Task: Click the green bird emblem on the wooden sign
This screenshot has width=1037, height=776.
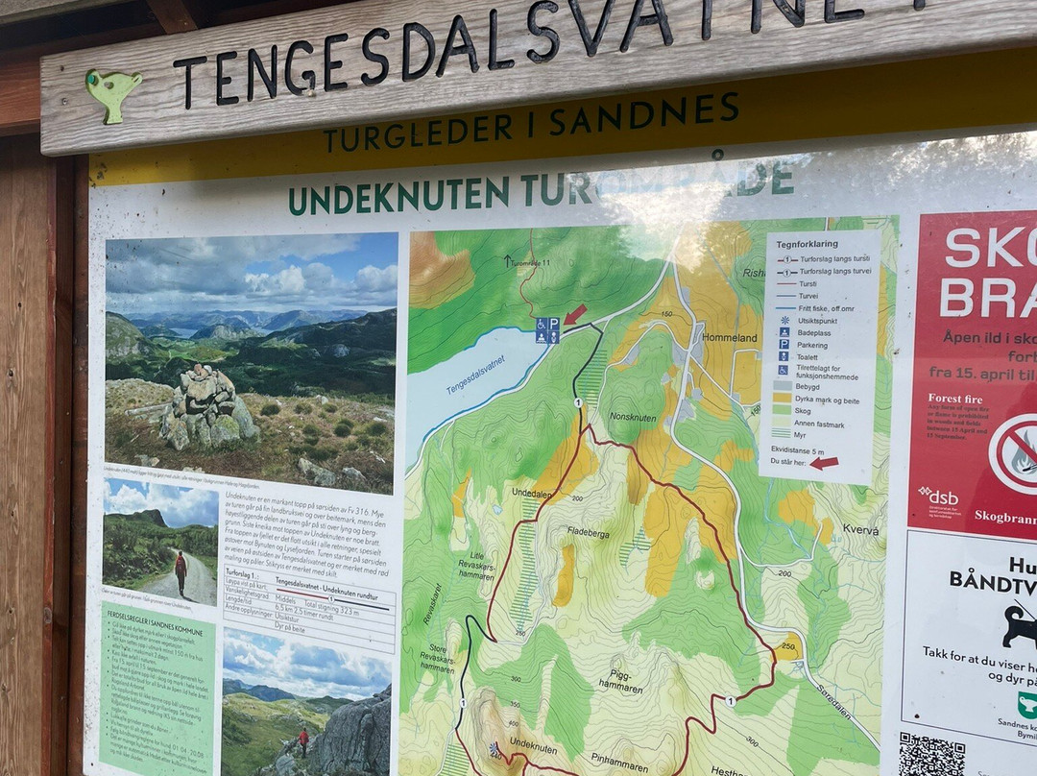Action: pyautogui.click(x=112, y=92)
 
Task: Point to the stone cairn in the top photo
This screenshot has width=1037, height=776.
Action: pyautogui.click(x=204, y=408)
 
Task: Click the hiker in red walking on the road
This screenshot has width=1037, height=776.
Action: pyautogui.click(x=181, y=570)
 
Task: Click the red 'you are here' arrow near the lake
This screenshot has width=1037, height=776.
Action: pyautogui.click(x=574, y=314)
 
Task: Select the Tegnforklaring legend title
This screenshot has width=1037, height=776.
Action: pyautogui.click(x=808, y=244)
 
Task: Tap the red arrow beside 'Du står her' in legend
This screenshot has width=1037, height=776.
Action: pyautogui.click(x=824, y=463)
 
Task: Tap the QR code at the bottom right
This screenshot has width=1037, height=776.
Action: pyautogui.click(x=931, y=755)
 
